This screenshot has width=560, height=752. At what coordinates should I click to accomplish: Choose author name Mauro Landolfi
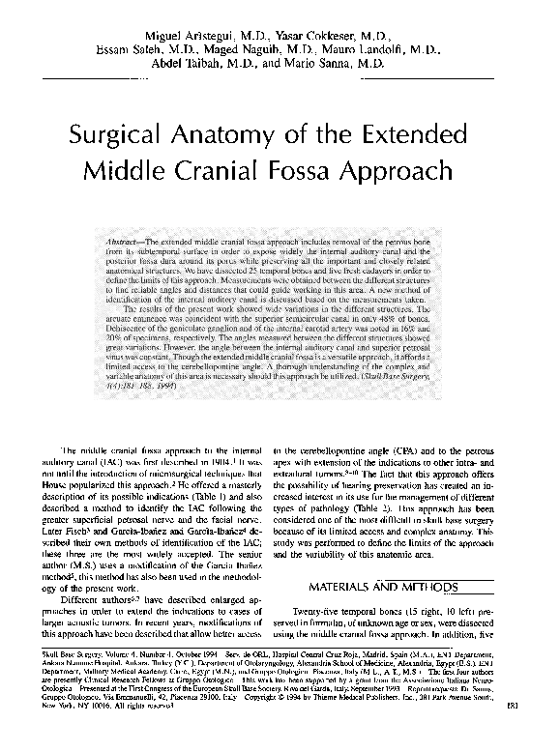373,48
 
